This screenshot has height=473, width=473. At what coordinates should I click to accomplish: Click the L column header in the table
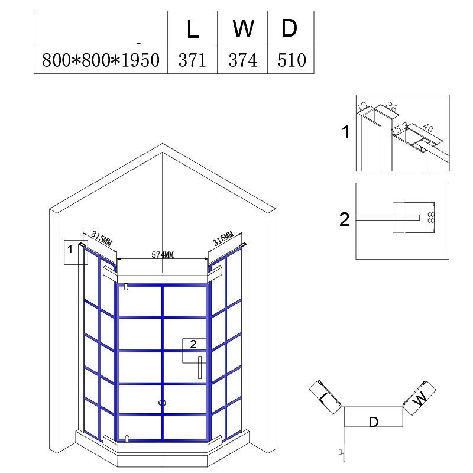coord(193,30)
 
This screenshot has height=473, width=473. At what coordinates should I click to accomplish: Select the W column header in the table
coord(243,28)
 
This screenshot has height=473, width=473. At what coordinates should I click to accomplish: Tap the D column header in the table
coord(289,28)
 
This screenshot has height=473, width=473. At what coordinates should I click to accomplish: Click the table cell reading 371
coord(192,60)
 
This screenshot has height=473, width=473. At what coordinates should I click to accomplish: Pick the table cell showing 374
coord(243,60)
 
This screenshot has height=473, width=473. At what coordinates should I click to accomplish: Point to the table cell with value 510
coord(291,60)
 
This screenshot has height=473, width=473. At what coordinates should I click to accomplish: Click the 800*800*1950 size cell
coord(101,60)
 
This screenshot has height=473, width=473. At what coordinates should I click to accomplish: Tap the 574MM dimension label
coord(163,255)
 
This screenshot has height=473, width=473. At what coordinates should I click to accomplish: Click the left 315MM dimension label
coord(102,238)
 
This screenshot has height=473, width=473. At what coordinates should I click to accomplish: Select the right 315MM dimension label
coord(223,238)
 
